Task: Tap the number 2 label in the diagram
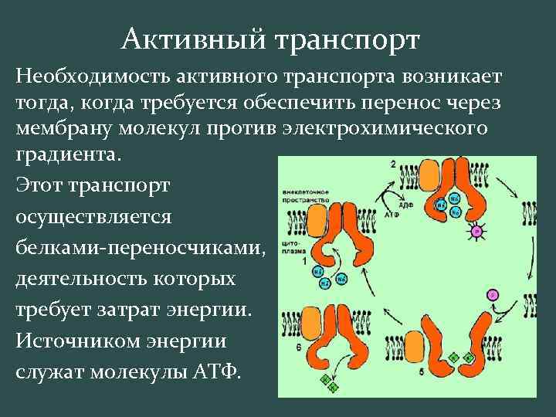point(394,164)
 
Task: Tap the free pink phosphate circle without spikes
point(491,295)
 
